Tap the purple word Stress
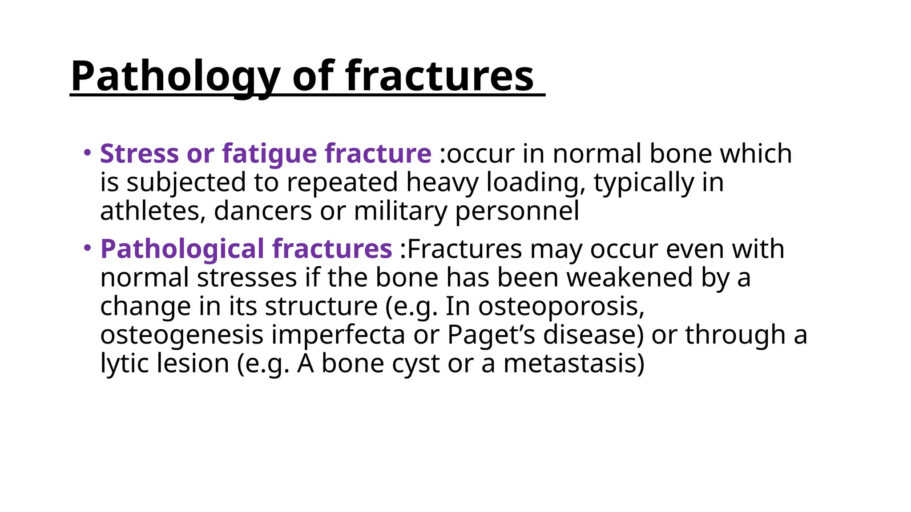139,154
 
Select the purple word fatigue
270,154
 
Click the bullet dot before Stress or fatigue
87,152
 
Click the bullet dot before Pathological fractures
87,248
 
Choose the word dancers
262,211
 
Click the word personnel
517,211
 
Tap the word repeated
342,182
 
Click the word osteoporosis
561,306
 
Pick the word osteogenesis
182,335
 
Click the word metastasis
573,364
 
